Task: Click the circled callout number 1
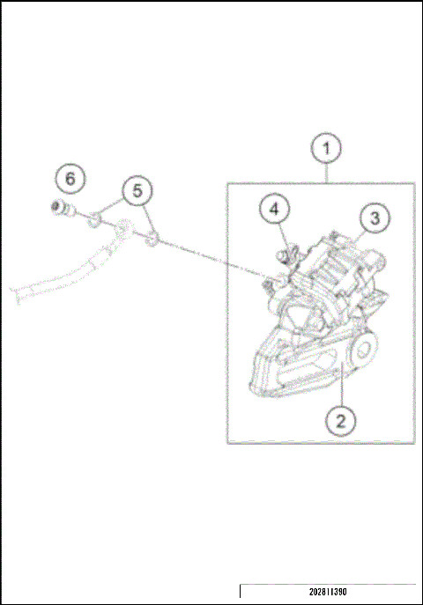coord(327,148)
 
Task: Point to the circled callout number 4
coord(274,210)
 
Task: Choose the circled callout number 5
coord(137,189)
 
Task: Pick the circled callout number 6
coord(70,178)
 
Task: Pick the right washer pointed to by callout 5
coord(152,238)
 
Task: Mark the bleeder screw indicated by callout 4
coord(284,255)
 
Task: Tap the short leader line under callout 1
coord(327,173)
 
